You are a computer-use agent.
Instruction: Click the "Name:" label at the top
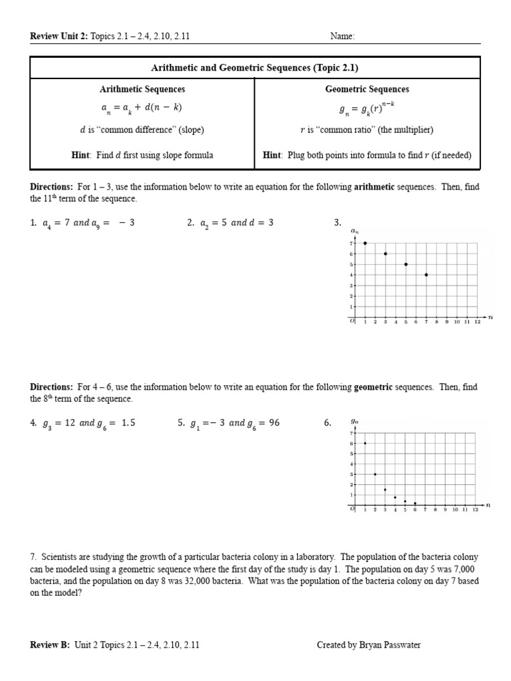point(343,37)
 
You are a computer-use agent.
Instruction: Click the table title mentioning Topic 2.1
point(255,67)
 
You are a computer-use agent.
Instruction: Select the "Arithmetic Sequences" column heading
point(142,89)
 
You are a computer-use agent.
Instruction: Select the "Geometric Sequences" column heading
point(367,89)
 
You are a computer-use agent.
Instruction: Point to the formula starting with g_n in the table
point(367,108)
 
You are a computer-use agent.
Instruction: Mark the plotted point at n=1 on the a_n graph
point(365,243)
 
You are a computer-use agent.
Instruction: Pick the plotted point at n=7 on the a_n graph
point(426,275)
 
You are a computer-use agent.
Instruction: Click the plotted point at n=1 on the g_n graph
point(365,444)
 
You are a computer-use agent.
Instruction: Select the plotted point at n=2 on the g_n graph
point(375,474)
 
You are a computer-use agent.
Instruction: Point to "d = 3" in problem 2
point(261,223)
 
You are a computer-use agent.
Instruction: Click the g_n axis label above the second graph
point(355,422)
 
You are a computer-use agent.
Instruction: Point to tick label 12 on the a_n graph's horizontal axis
point(476,322)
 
